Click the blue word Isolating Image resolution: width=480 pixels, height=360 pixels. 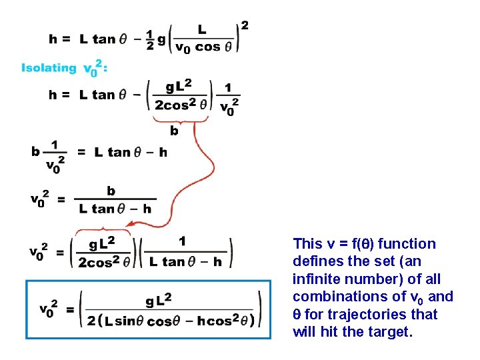(49, 67)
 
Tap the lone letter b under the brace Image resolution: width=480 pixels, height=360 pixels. (174, 131)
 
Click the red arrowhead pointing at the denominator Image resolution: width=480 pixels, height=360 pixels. (133, 227)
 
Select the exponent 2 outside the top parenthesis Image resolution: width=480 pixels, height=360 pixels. (245, 25)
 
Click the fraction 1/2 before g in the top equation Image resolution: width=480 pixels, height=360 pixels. (150, 39)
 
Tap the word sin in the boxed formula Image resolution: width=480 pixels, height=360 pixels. (125, 321)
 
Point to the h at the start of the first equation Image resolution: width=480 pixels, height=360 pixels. (53, 39)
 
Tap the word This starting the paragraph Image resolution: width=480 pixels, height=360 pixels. (307, 244)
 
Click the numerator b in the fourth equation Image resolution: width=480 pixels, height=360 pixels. (111, 191)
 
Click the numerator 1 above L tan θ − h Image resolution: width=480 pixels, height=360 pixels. (183, 241)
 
